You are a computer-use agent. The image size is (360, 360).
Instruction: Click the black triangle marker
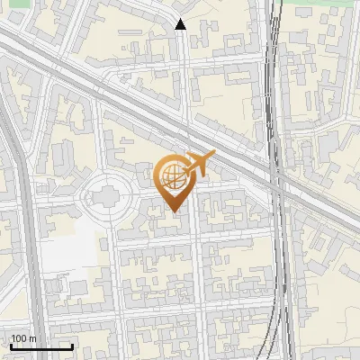pos(181,24)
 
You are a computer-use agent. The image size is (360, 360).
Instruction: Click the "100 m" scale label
pos(24,337)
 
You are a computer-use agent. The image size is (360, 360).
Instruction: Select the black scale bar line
pos(41,346)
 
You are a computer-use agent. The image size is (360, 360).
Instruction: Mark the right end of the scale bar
pos(72,346)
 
